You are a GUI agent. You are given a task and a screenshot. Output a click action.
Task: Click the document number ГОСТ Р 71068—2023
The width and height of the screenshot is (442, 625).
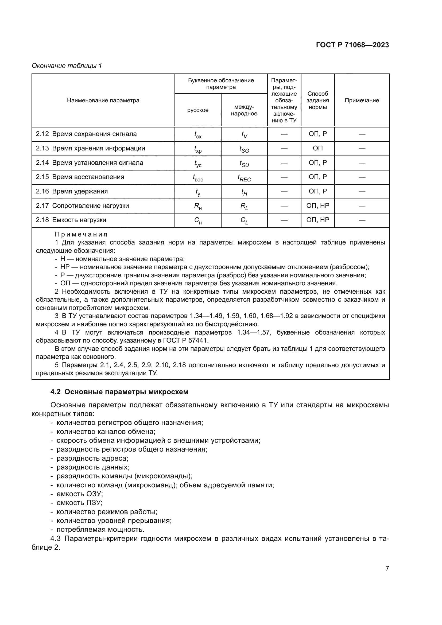point(352,45)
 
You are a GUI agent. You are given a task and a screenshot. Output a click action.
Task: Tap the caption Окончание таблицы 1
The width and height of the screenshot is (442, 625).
point(67,66)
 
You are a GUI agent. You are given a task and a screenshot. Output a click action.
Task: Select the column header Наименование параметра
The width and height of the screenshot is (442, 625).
point(103,100)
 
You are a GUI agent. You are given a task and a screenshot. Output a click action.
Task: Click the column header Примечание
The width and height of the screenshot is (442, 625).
point(362,100)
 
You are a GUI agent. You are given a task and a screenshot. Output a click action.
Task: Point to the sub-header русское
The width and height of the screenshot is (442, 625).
point(197,110)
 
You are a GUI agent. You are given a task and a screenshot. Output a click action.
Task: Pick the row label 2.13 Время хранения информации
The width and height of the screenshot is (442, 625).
point(90,148)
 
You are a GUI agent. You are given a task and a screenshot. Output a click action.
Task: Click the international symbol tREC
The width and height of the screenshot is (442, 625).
point(244,178)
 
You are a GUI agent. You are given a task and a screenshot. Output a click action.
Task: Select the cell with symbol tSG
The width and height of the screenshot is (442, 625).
point(244,149)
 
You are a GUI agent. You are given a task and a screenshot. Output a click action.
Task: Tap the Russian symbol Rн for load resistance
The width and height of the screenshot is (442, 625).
point(197,206)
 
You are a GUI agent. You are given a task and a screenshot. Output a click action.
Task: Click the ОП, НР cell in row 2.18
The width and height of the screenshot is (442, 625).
point(318,220)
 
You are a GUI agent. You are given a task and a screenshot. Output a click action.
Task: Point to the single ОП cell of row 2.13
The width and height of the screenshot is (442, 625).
point(318,148)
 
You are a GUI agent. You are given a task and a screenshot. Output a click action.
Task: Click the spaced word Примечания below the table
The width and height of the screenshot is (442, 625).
point(81,234)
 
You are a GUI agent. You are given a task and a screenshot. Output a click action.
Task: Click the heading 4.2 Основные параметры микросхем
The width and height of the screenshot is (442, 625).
point(119,392)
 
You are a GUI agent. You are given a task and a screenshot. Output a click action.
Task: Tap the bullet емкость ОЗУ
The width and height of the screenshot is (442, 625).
point(79,494)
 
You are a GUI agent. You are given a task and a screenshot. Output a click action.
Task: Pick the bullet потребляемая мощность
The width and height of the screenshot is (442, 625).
point(100,529)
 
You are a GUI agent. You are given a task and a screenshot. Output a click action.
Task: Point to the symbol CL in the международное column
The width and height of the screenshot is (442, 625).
point(244,220)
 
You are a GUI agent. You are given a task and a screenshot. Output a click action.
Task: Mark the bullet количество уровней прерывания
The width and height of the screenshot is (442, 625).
point(114,521)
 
